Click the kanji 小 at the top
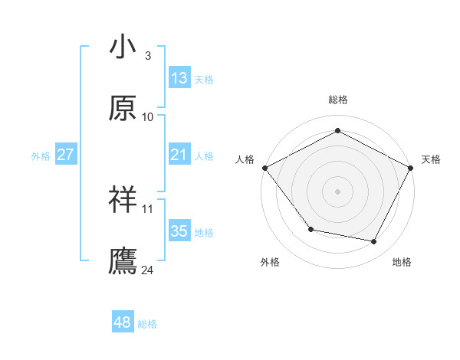pyautogui.click(x=123, y=47)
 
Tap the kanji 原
pyautogui.click(x=123, y=109)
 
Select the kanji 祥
pyautogui.click(x=123, y=200)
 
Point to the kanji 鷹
pyautogui.click(x=123, y=261)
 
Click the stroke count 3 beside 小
pyautogui.click(x=148, y=56)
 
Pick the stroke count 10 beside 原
pyautogui.click(x=148, y=117)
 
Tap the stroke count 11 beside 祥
pyautogui.click(x=148, y=208)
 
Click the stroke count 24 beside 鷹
pyautogui.click(x=148, y=270)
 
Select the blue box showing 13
pyautogui.click(x=179, y=78)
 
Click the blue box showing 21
pyautogui.click(x=179, y=155)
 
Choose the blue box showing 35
pyautogui.click(x=179, y=231)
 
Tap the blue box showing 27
pyautogui.click(x=66, y=155)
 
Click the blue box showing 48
pyautogui.click(x=123, y=323)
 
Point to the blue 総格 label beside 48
pyautogui.click(x=147, y=324)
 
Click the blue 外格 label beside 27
pyautogui.click(x=41, y=155)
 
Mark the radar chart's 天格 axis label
pyautogui.click(x=431, y=159)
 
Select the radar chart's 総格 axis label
pyautogui.click(x=338, y=100)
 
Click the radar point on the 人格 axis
pyautogui.click(x=264, y=167)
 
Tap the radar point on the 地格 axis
pyautogui.click(x=374, y=241)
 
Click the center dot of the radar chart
pyautogui.click(x=338, y=191)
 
